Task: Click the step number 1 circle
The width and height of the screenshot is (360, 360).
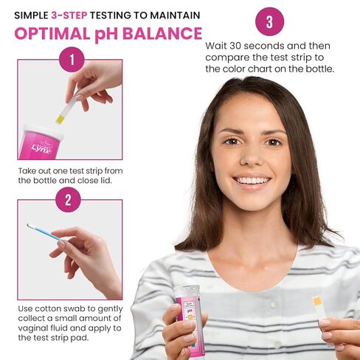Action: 72,60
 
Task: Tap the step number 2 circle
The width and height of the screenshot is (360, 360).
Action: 68,201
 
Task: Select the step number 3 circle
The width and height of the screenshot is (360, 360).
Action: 269,21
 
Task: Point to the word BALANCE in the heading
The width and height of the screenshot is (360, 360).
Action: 163,34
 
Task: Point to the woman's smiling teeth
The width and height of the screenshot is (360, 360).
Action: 252,179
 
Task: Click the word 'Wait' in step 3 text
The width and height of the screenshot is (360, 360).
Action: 217,45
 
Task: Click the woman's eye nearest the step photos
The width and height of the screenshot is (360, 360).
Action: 232,140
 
